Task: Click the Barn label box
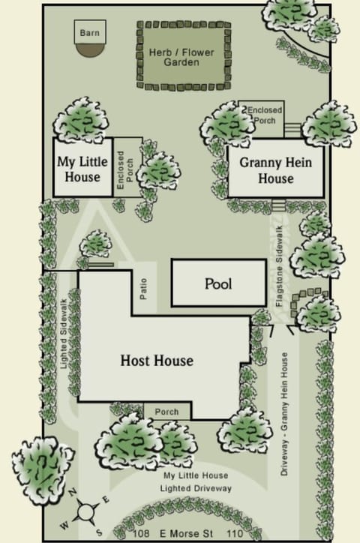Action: coord(88,33)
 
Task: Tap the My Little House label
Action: coord(82,169)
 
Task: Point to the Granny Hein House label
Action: coord(275,170)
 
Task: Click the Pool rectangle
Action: coord(218,284)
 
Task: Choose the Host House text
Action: coord(157,361)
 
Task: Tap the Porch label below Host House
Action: coord(166,412)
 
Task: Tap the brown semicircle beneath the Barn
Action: coord(88,47)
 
